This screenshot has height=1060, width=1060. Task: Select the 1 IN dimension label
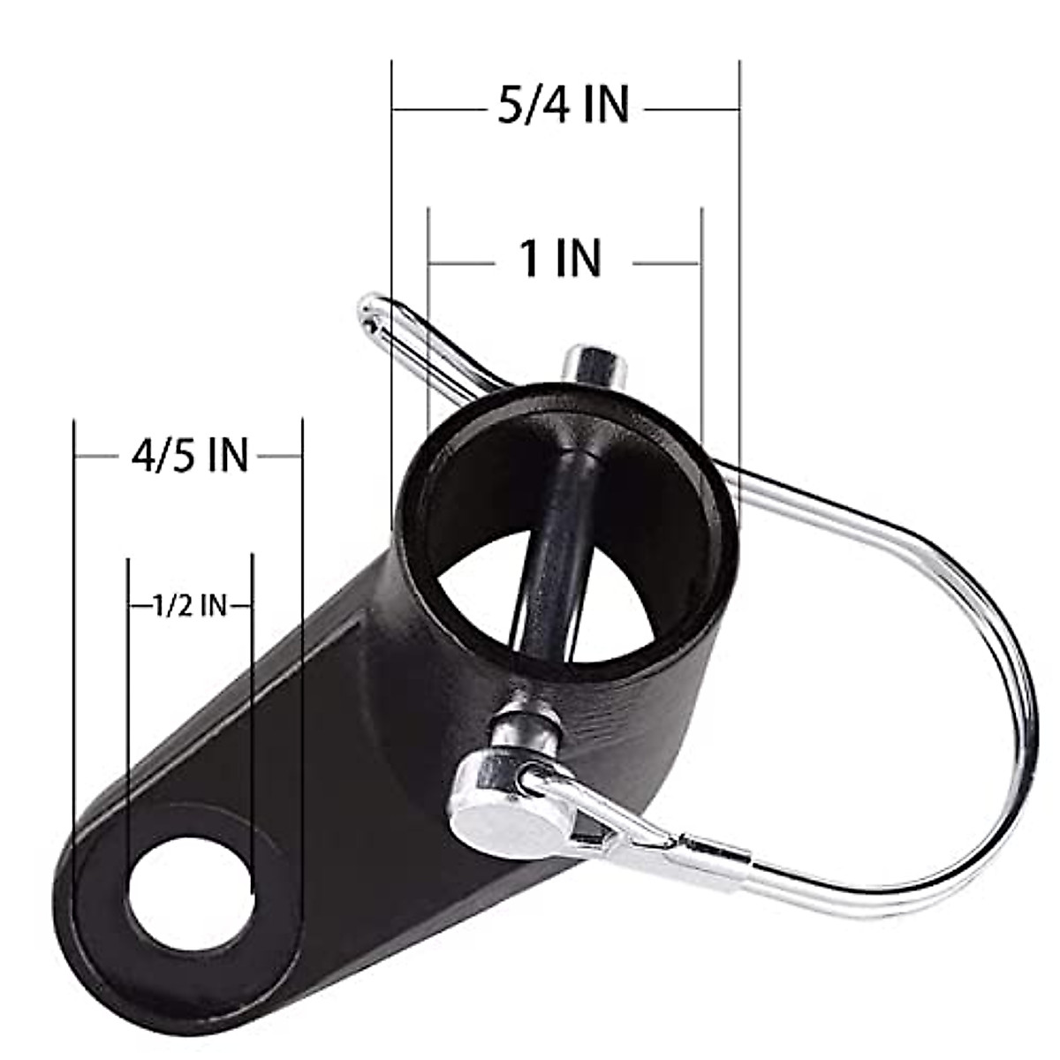click(x=561, y=259)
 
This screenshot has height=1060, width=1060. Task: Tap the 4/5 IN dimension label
click(x=190, y=456)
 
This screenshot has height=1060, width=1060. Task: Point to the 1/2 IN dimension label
click(x=189, y=606)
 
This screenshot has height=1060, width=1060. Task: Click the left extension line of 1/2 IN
click(x=129, y=707)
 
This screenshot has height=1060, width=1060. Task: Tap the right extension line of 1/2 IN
click(x=253, y=707)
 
